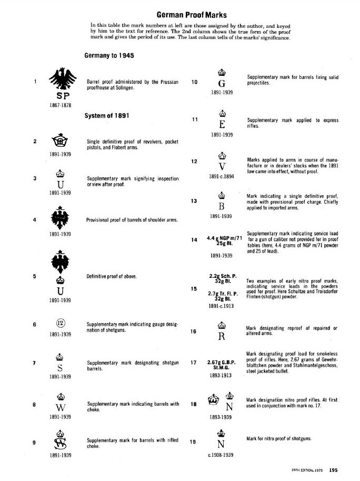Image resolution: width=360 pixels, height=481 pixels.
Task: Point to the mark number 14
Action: (194, 241)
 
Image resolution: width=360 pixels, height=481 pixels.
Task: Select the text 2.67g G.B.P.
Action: (222, 363)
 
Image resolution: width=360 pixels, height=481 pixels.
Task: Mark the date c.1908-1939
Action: (222, 454)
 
